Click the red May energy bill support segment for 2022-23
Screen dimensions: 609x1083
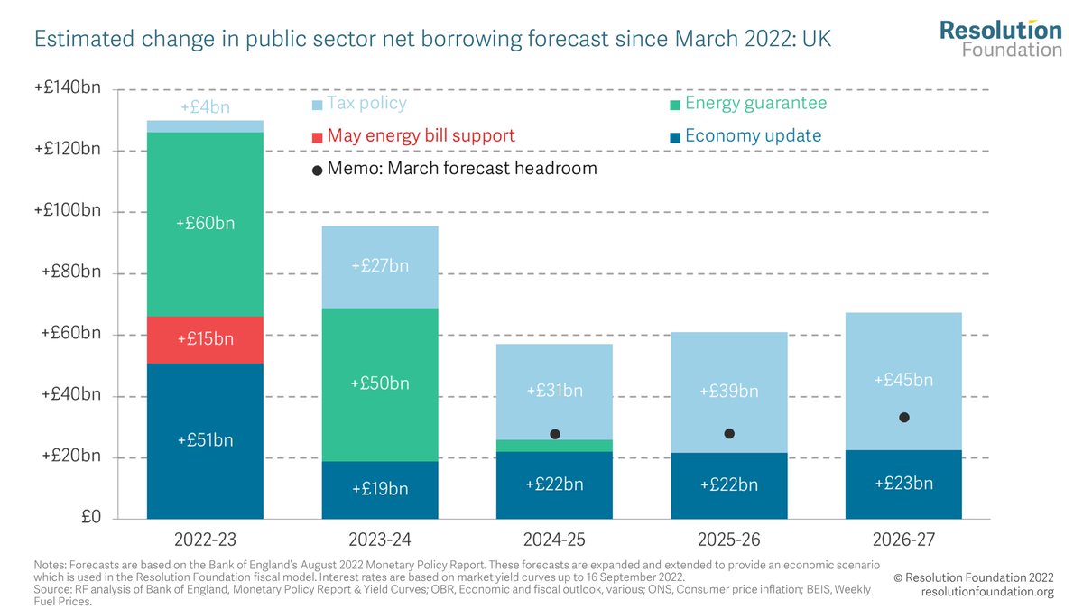[205, 339]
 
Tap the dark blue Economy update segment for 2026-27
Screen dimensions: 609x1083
[903, 484]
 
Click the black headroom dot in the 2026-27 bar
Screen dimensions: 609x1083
[903, 417]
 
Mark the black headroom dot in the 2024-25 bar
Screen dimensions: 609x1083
[555, 434]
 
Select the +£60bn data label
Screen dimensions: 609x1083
[205, 223]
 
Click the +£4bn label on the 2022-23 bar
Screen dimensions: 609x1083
[205, 106]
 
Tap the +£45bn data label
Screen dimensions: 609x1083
[903, 380]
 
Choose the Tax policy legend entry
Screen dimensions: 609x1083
[359, 104]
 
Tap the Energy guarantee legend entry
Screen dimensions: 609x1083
[746, 104]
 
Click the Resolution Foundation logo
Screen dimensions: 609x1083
[1000, 38]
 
